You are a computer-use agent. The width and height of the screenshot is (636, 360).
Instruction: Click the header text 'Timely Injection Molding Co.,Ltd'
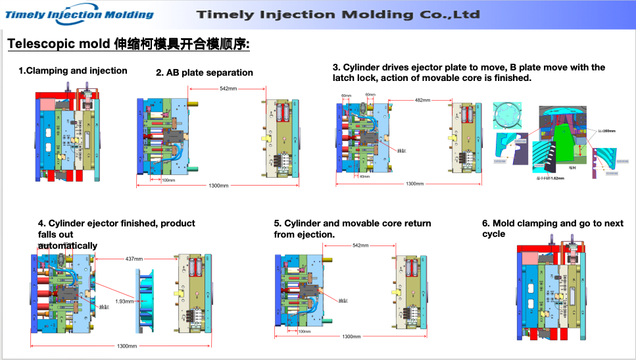tap(338, 14)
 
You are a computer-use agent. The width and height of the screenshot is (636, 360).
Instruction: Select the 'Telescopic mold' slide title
tap(128, 45)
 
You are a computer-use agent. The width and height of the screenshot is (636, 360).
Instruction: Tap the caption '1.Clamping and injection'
tap(72, 70)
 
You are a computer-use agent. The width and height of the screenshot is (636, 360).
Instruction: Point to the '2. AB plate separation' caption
tap(205, 73)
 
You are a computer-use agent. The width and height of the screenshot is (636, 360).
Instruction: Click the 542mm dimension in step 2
tap(228, 89)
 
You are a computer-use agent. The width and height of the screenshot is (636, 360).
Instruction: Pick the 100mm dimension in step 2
tap(168, 180)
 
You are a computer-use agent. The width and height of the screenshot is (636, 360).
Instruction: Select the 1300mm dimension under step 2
tap(218, 186)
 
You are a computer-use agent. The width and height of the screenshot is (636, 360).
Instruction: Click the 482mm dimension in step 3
tap(422, 100)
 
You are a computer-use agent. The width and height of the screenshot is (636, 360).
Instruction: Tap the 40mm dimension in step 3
tap(364, 176)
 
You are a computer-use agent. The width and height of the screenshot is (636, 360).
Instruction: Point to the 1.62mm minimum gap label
tap(550, 178)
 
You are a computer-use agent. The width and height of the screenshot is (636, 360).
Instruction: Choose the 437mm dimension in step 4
tap(134, 259)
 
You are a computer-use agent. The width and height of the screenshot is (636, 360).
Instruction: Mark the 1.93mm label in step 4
tap(125, 301)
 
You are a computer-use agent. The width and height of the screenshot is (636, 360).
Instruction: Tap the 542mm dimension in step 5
tap(360, 245)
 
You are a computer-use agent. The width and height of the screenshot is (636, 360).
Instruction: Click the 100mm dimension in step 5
tap(304, 331)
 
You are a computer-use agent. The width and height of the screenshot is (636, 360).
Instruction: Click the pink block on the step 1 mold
tap(49, 104)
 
